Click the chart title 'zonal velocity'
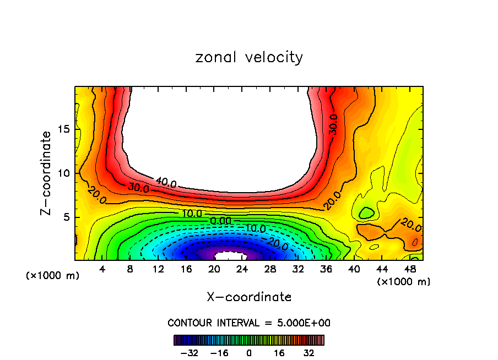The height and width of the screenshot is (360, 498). click(249, 57)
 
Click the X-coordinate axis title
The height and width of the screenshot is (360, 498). click(249, 297)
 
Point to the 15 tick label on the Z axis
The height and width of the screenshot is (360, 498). click(64, 129)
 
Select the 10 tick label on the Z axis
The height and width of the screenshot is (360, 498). click(64, 173)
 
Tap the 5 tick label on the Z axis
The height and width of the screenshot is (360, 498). click(67, 217)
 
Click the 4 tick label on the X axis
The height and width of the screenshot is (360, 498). click(102, 270)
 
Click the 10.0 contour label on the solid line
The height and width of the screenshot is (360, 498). click(191, 213)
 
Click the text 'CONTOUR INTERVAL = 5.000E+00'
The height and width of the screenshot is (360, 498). click(249, 323)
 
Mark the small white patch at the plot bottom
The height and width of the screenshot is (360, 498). click(230, 256)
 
